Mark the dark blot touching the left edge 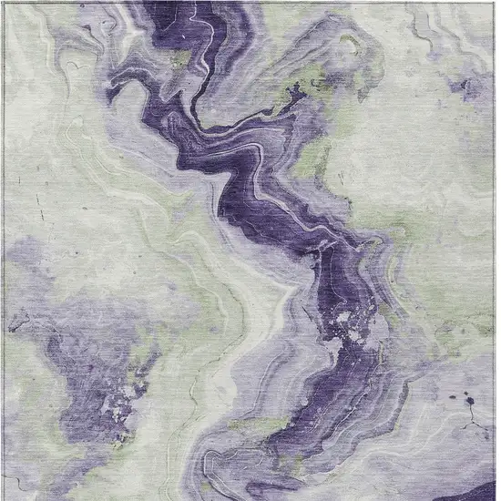pyautogui.click(x=13, y=321)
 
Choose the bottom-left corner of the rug pyautogui.click(x=5, y=497)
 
